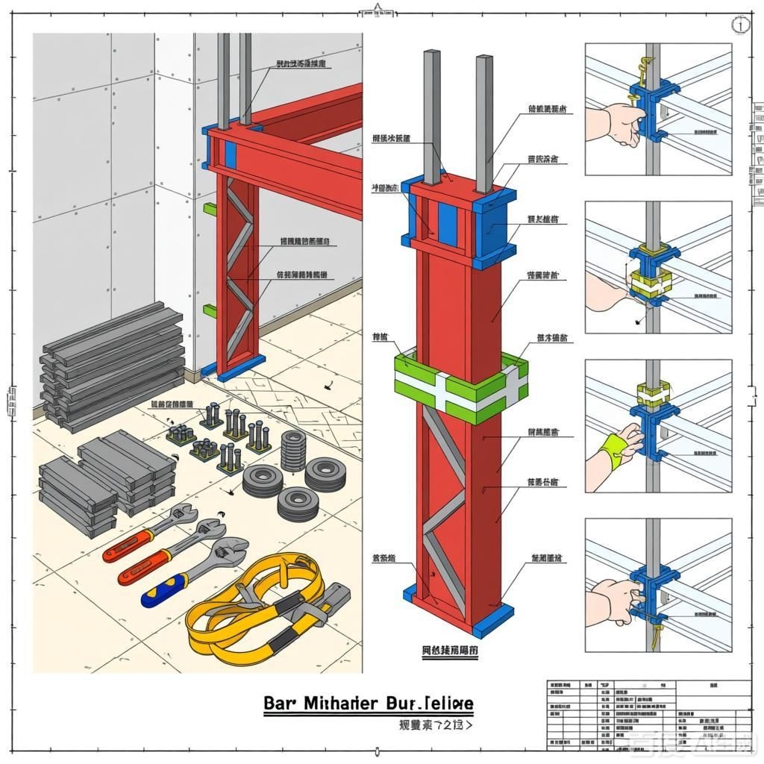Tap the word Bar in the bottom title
(x=281, y=704)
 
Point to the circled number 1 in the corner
(x=741, y=25)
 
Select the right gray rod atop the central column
(x=484, y=123)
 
